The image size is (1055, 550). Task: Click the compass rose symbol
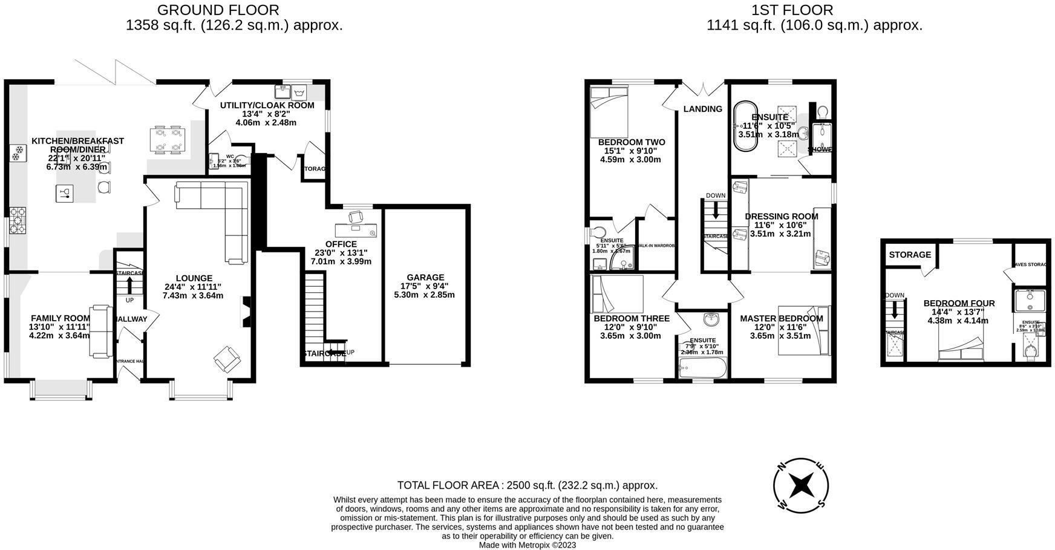click(801, 485)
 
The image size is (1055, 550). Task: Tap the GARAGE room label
click(425, 277)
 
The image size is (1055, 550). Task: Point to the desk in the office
click(356, 229)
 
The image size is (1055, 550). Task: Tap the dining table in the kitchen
click(167, 139)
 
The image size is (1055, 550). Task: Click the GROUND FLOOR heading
click(218, 10)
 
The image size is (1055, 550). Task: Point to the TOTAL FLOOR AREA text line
click(527, 485)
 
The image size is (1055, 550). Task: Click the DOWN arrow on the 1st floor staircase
click(716, 210)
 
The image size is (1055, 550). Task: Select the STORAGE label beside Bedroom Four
click(909, 255)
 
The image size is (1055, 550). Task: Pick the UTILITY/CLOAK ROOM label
click(267, 105)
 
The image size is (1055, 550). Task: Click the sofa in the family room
click(100, 331)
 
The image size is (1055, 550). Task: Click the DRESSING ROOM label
click(781, 216)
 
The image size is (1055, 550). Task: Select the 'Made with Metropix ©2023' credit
click(527, 545)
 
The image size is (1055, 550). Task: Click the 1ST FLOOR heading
click(792, 10)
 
